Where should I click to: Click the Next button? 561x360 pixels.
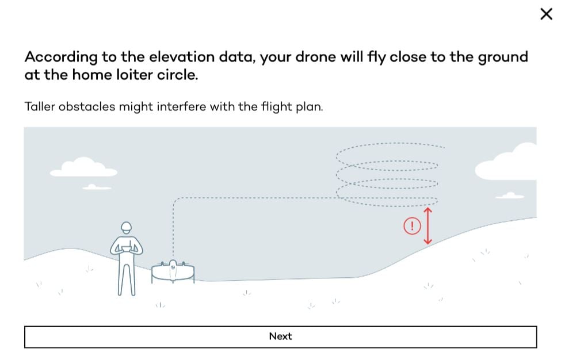pos(280,336)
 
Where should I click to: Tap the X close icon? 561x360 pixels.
pos(546,14)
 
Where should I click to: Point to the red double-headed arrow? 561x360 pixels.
pos(428,226)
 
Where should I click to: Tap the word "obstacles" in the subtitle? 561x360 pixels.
pos(85,106)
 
